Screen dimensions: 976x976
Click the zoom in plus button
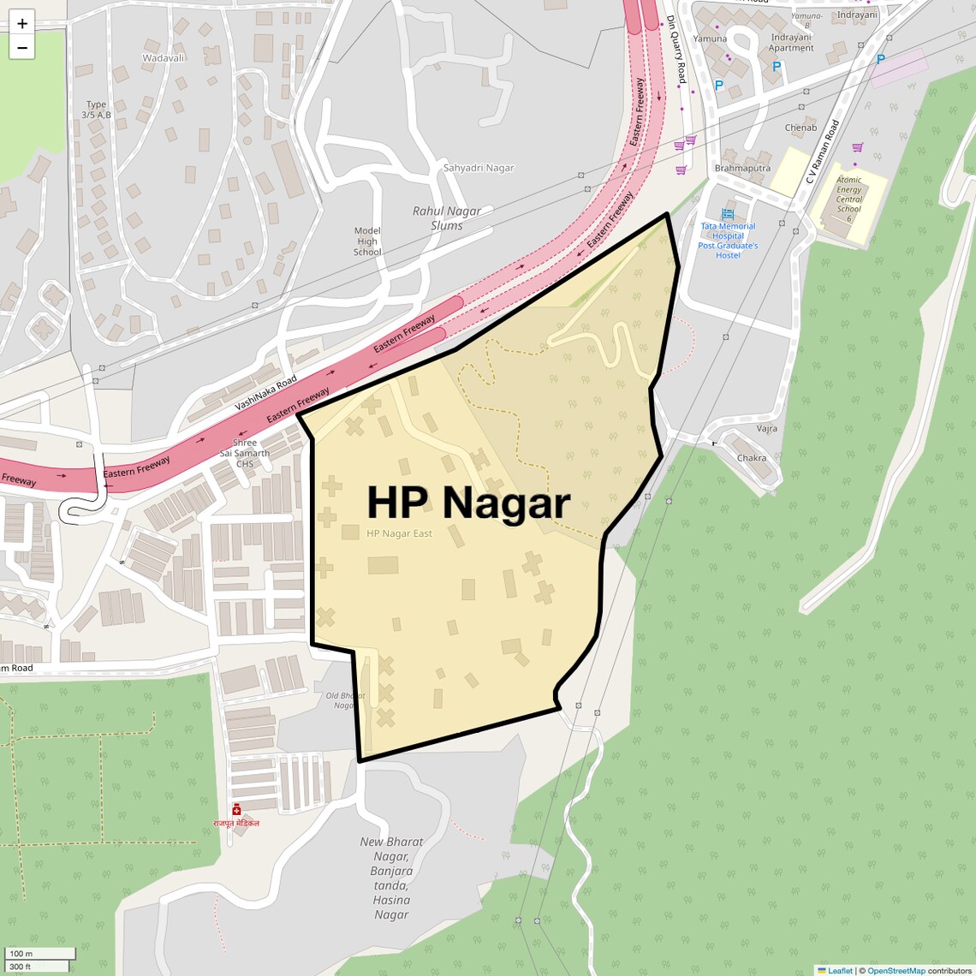(x=22, y=24)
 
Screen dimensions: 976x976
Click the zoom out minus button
(x=22, y=48)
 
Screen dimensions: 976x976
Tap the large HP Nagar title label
(x=468, y=503)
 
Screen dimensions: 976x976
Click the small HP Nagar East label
(x=399, y=533)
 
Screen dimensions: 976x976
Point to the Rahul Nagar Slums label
(x=447, y=218)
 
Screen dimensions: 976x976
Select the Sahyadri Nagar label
(x=479, y=168)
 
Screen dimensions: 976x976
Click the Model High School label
(x=367, y=241)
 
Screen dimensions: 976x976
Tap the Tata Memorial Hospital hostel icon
(x=728, y=214)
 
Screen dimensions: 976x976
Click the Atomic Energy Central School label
(x=849, y=199)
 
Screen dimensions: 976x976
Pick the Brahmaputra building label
(x=742, y=168)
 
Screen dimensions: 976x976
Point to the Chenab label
(x=800, y=128)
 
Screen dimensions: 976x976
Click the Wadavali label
(x=164, y=58)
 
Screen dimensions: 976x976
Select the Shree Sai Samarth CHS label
(x=245, y=453)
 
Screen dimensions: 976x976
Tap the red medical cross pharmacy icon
(x=236, y=809)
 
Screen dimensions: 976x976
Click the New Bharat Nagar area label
(x=391, y=878)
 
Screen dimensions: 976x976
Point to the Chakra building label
(x=752, y=458)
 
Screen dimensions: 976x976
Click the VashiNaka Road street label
(x=265, y=393)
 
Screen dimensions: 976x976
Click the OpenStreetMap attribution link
(x=896, y=971)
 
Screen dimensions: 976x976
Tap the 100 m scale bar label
(x=21, y=954)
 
